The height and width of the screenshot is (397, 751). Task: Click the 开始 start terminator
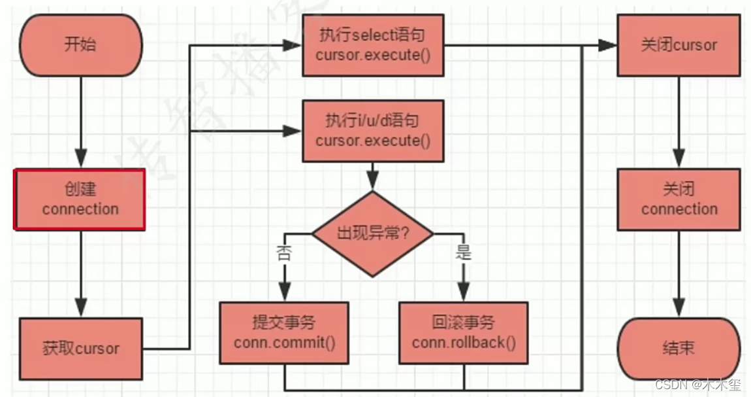[x=81, y=44]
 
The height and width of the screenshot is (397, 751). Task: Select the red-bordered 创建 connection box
[x=80, y=199]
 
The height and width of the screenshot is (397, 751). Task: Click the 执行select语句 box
[x=372, y=44]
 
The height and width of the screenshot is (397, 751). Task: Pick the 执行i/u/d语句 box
[x=373, y=131]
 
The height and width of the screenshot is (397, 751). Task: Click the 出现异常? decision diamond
[x=373, y=233]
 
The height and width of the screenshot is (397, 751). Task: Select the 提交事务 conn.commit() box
[x=284, y=332]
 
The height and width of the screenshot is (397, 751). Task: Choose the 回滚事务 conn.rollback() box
[x=464, y=332]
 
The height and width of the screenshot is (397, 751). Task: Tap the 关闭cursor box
[x=679, y=45]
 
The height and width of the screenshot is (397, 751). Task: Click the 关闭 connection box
[x=679, y=199]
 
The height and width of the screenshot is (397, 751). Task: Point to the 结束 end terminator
[x=679, y=349]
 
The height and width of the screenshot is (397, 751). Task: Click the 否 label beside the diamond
[x=285, y=252]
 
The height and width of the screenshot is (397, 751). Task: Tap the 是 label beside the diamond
[x=463, y=252]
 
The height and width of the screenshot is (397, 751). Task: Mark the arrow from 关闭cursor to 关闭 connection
[x=679, y=122]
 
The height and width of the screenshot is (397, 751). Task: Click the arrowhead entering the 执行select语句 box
[x=292, y=45]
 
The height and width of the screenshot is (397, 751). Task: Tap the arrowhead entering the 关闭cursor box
[x=607, y=45]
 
